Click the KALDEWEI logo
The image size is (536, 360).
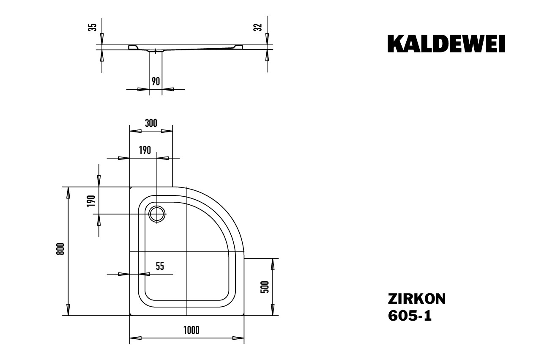coord(446,44)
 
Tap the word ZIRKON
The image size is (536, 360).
coord(416,299)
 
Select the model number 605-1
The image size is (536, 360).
coord(410,316)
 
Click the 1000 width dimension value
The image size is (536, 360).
coord(191,330)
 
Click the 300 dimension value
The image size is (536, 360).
coord(151,123)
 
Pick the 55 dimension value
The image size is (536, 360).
coord(160,266)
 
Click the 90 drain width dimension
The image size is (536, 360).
coord(156,81)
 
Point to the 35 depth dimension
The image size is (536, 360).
coord(94,27)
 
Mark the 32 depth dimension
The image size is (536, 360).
coord(260,27)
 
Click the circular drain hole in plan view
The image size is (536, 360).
coord(157,214)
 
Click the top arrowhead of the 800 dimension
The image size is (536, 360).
coord(68,192)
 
